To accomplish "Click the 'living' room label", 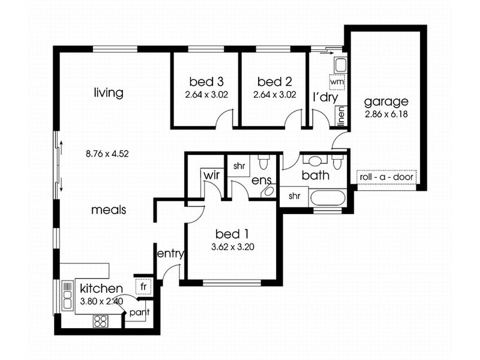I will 109,93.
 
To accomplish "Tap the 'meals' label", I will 109,210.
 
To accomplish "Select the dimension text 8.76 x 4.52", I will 108,154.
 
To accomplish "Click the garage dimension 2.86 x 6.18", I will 386,113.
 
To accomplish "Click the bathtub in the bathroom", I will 328,198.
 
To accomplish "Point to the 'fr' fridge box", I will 143,287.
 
